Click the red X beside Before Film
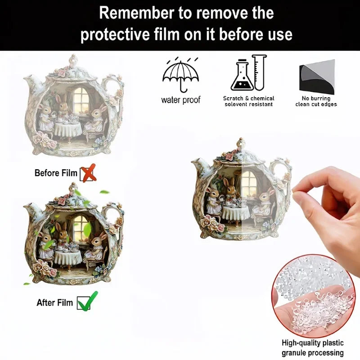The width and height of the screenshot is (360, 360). [x=88, y=174]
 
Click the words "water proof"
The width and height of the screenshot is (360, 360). [x=181, y=100]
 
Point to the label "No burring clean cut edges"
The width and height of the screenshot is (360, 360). [x=316, y=101]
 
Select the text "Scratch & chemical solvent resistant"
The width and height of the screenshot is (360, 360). [x=248, y=101]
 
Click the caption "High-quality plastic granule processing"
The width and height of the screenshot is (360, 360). [x=313, y=348]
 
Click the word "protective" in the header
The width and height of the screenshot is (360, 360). [x=120, y=34]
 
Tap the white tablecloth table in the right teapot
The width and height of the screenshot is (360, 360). [x=235, y=212]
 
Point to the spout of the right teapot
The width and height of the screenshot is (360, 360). [x=198, y=168]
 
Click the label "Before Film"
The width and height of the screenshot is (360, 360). [x=56, y=173]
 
